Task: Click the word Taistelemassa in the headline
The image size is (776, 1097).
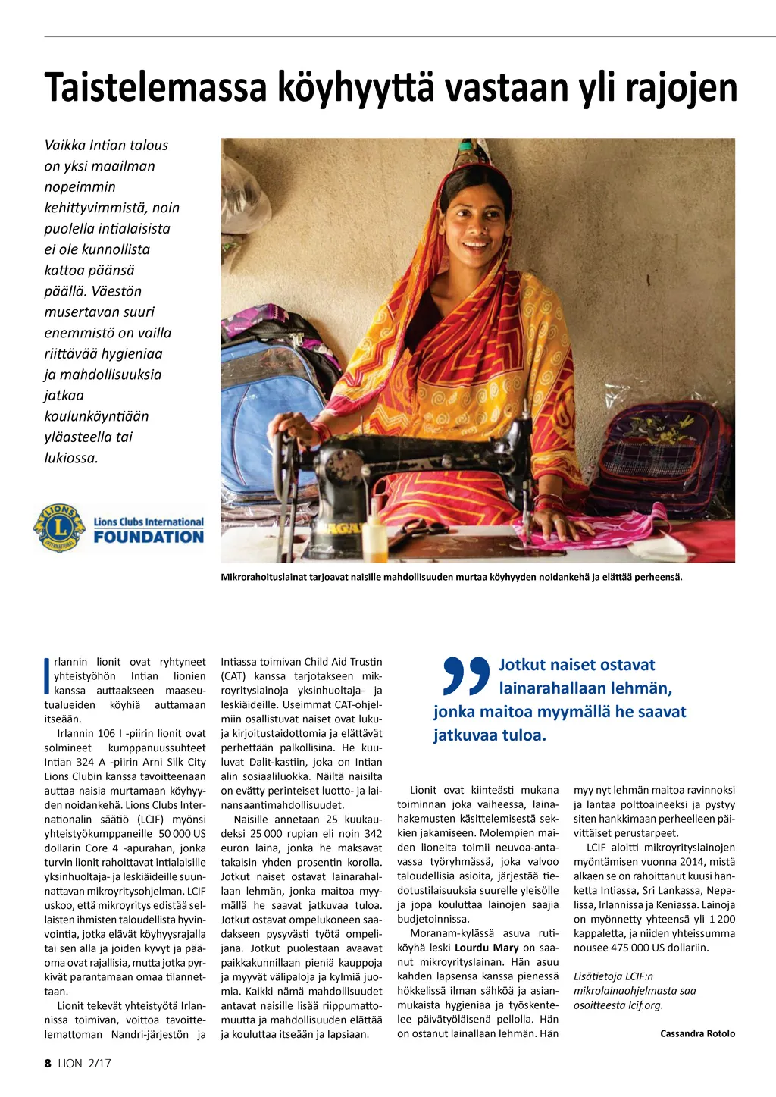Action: [155, 87]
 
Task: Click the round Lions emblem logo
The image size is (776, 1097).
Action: [60, 528]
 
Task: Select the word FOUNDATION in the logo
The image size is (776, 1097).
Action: [149, 538]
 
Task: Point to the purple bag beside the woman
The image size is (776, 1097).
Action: [667, 455]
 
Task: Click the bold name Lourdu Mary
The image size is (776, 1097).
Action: [487, 948]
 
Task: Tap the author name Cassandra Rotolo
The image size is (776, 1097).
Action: [697, 1033]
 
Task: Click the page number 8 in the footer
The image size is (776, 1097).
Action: [48, 1063]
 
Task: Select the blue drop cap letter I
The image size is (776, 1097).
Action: [48, 675]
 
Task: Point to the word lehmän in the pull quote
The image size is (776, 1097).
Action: [644, 688]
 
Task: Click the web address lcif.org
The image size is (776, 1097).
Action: [646, 1005]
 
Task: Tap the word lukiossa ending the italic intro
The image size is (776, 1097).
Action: [71, 458]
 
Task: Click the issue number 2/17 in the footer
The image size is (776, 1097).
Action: [99, 1063]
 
